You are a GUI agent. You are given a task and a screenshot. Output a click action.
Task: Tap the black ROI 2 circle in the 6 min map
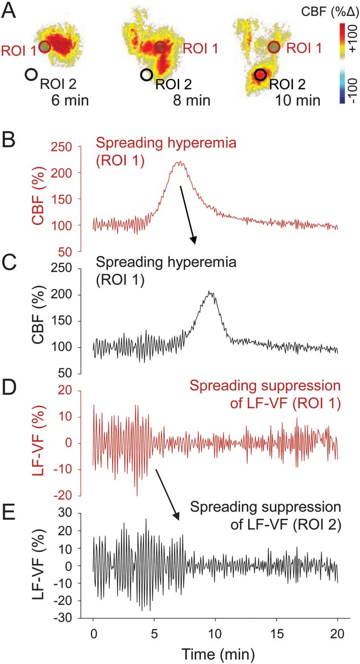[31, 74]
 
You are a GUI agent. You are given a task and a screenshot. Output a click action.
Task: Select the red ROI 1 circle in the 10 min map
[274, 46]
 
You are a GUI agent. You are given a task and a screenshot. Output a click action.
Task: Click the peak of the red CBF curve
[179, 162]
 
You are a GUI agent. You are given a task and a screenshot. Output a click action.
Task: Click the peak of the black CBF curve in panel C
[210, 292]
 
